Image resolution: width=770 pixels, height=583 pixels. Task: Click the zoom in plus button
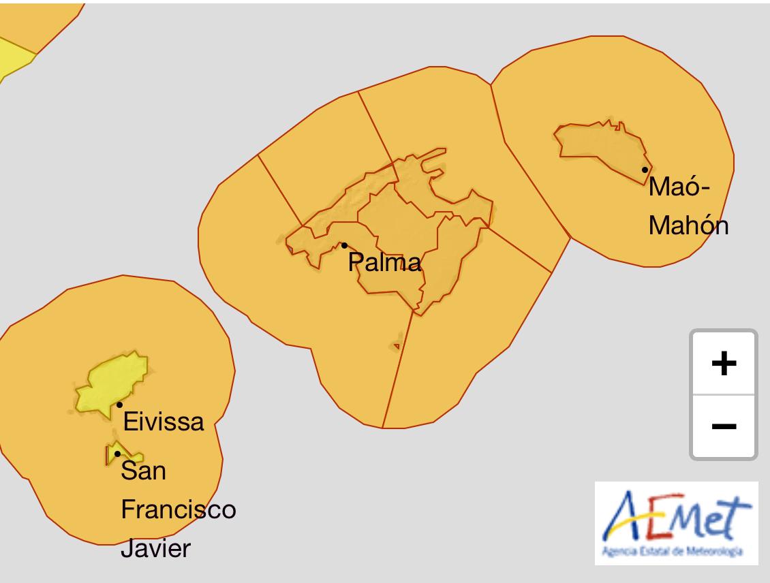pos(723,363)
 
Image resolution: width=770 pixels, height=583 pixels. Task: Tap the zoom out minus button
pos(723,426)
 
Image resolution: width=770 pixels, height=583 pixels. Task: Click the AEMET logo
pos(676,522)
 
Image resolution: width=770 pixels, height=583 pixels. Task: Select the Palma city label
pos(385,262)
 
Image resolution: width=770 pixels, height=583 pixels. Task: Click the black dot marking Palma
pos(344,245)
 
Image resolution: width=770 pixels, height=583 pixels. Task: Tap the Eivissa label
pos(164,422)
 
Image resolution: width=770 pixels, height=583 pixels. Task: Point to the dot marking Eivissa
pos(120,405)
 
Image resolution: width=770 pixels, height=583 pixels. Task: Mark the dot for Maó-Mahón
pos(645,170)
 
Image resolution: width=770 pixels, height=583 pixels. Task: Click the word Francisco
pos(179,509)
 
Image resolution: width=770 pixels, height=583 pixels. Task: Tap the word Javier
pos(156,549)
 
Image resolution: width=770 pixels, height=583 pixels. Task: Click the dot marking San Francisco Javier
pos(117,454)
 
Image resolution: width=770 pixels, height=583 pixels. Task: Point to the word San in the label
pos(143,470)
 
